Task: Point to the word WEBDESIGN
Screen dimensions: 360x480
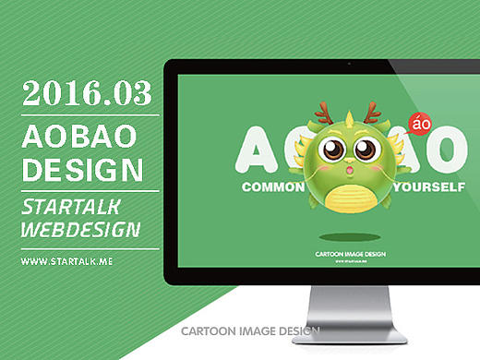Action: click(81, 229)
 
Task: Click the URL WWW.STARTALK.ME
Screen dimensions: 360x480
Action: click(66, 262)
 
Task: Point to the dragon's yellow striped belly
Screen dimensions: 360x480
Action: click(348, 196)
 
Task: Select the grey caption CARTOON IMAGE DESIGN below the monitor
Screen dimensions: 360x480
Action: click(250, 330)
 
